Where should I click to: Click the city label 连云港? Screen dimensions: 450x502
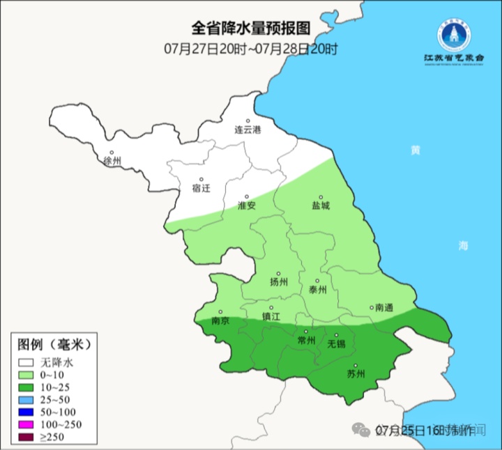(x=247, y=130)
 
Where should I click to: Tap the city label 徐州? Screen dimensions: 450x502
(x=112, y=161)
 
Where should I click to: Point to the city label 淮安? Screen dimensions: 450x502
(x=247, y=206)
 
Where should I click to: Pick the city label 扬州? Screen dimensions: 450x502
(x=279, y=283)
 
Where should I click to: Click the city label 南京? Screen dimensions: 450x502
(x=220, y=322)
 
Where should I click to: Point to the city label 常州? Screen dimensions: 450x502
(x=306, y=340)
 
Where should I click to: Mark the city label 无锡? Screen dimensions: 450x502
(x=337, y=343)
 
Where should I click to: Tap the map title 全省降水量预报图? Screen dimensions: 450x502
(x=250, y=29)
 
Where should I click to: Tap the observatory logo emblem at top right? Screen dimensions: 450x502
(x=450, y=32)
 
